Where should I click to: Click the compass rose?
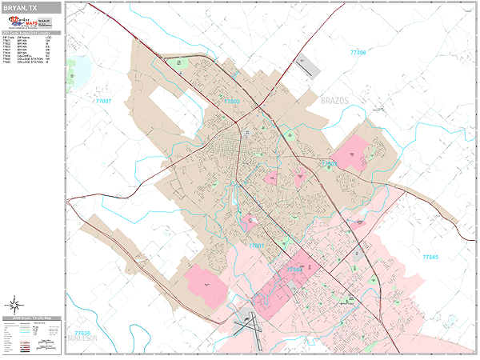point(14,304)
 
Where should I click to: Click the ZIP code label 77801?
point(255,245)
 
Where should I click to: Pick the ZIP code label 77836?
point(82,332)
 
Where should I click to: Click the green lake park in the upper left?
point(79,74)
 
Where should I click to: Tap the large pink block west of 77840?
point(206,284)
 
